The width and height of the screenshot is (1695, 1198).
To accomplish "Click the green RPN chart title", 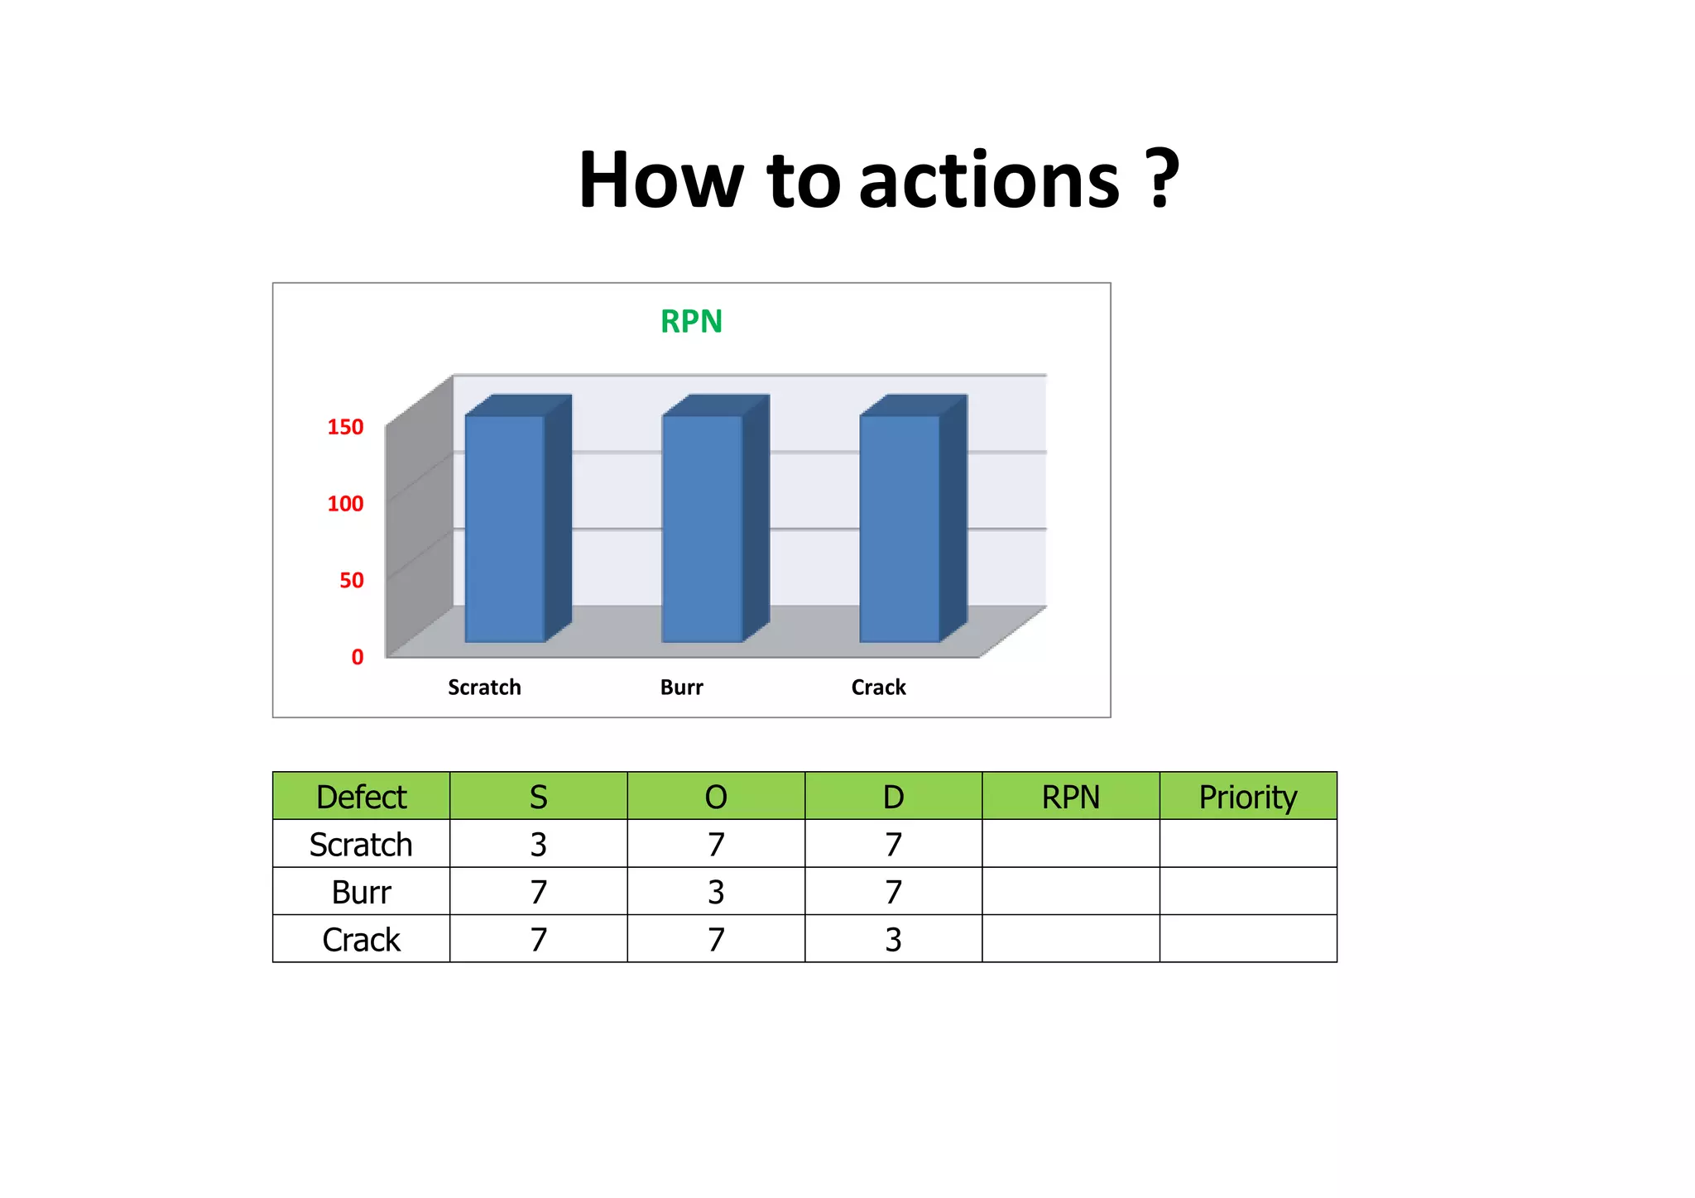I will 691,321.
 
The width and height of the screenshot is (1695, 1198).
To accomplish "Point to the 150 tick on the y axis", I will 345,427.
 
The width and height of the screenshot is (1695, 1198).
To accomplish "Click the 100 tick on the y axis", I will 345,504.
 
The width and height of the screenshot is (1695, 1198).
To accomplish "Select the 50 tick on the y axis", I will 351,581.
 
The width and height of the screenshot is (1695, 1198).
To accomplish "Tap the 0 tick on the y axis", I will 357,657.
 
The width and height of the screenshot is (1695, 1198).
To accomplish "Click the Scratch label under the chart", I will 484,688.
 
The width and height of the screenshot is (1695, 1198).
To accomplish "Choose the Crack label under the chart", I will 878,688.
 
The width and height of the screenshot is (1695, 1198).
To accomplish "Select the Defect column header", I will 361,797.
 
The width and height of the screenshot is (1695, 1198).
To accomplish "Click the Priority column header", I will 1248,797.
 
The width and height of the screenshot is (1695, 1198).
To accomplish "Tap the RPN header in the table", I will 1071,797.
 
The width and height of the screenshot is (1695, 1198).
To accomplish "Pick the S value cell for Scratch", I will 539,845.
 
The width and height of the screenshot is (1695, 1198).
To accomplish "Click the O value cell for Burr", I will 716,892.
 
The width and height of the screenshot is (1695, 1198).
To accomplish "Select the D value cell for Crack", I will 893,940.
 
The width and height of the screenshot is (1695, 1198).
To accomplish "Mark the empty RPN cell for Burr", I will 1071,892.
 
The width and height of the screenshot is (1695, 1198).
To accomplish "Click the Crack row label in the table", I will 361,940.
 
